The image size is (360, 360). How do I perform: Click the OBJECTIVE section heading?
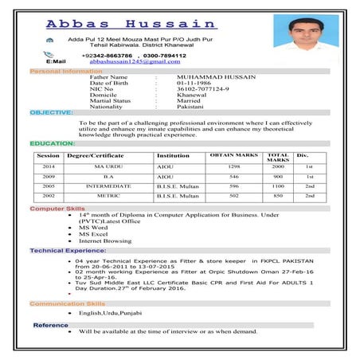[51, 112]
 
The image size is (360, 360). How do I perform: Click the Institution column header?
[173, 155]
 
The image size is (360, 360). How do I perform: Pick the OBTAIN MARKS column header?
[233, 155]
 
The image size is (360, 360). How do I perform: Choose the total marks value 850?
[277, 194]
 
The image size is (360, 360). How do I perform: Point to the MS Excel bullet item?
[93, 234]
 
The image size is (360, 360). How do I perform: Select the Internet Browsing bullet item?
[105, 241]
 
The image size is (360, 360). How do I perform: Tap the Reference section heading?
[50, 325]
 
